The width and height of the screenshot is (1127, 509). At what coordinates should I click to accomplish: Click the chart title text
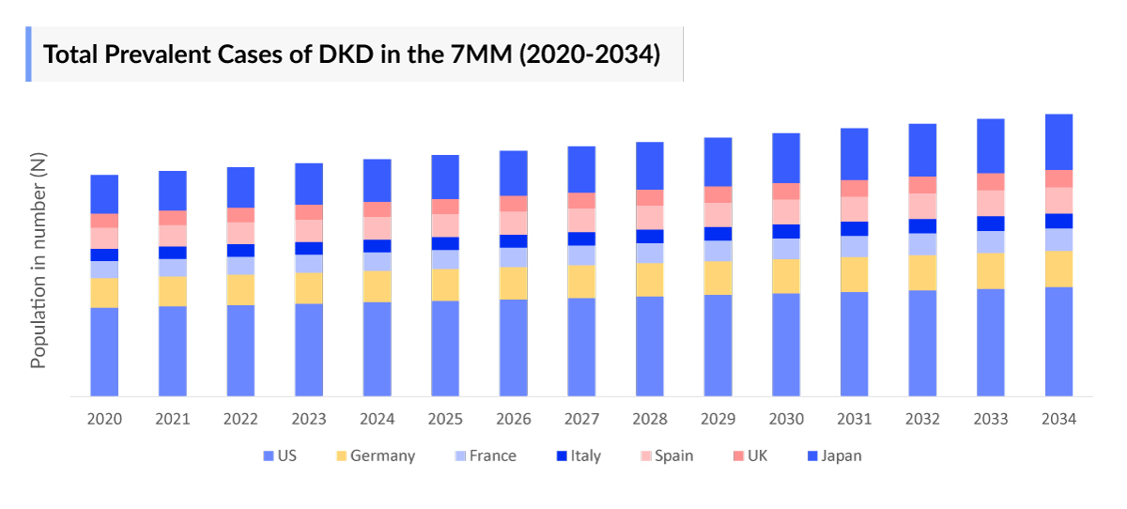351,54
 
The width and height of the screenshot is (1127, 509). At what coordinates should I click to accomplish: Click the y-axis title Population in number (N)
39,261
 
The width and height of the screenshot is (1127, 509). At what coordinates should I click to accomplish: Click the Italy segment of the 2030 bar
786,231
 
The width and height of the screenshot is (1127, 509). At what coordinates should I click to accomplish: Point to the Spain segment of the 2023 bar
309,230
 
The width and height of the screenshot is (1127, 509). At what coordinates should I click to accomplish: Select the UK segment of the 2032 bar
922,184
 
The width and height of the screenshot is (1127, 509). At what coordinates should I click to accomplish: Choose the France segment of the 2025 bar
445,259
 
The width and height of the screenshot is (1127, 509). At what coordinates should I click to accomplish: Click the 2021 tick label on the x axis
173,419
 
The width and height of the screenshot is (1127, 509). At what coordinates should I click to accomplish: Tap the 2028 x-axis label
650,419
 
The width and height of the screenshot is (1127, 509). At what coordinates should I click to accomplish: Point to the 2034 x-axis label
1058,419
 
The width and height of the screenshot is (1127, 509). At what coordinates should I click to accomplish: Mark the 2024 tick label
377,419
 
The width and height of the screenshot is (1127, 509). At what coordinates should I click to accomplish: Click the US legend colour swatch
270,456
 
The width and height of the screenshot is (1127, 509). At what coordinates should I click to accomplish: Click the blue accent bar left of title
28,54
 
